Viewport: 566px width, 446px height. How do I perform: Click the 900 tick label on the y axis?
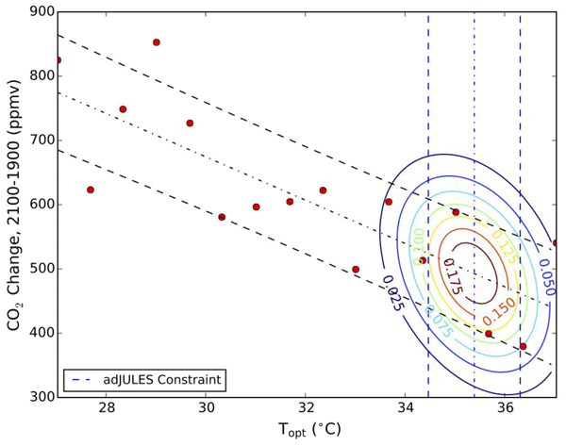(37, 12)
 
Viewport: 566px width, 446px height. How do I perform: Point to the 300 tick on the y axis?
(37, 397)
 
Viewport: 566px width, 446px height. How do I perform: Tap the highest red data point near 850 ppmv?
(157, 42)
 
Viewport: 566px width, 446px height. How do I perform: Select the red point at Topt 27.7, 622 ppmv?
(91, 190)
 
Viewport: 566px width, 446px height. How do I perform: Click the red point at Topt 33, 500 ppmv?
(356, 269)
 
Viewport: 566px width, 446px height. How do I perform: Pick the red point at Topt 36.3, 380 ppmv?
(523, 346)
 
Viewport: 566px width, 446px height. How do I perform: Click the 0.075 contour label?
(438, 323)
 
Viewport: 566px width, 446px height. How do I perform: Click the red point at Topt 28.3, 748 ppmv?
(123, 109)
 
